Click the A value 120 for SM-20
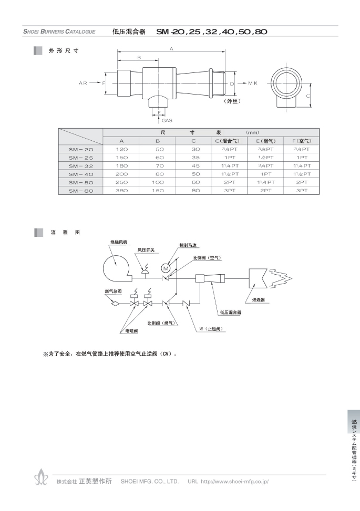click(121, 149)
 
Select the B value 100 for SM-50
click(158, 183)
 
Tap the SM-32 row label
click(81, 166)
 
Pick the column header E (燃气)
click(266, 141)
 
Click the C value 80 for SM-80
click(196, 191)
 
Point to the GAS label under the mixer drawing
click(167, 121)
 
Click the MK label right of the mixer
click(253, 83)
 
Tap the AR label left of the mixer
click(83, 83)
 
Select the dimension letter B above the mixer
click(139, 58)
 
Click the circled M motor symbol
click(166, 268)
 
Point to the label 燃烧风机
click(119, 242)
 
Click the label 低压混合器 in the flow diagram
click(231, 312)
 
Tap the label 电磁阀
click(132, 331)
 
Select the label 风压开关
click(146, 250)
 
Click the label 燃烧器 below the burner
click(259, 299)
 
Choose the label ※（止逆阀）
click(211, 329)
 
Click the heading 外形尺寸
click(64, 51)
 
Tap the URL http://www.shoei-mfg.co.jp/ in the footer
click(235, 482)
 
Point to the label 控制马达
click(188, 245)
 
